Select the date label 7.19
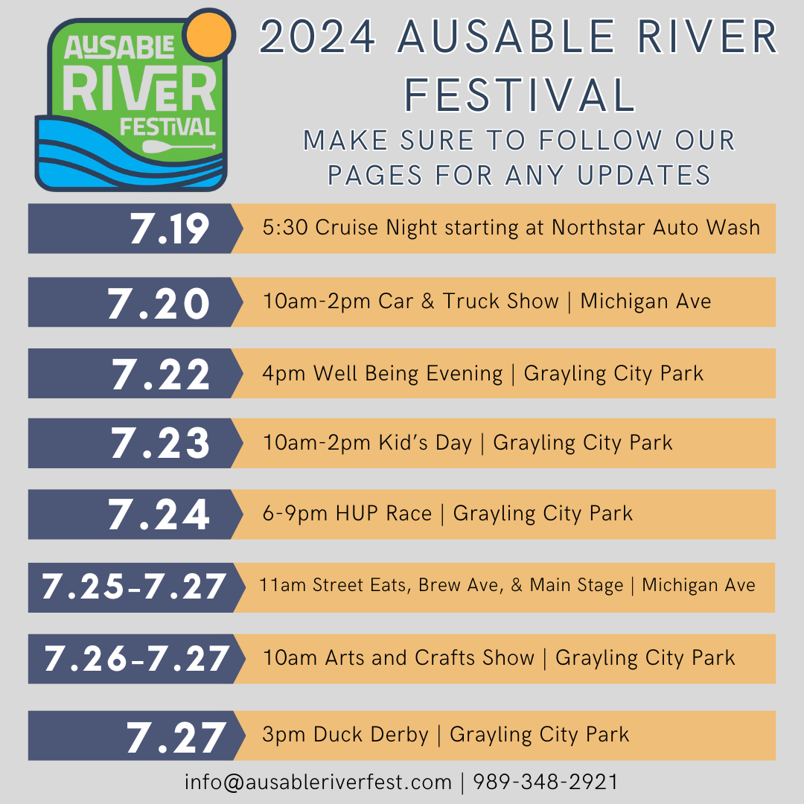click(x=170, y=229)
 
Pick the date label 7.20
click(x=159, y=302)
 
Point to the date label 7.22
click(x=162, y=374)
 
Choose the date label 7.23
click(x=161, y=444)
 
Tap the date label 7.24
click(x=159, y=514)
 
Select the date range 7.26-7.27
click(x=136, y=659)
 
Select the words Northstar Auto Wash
click(x=656, y=228)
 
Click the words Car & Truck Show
click(x=468, y=301)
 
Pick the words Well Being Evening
click(x=408, y=373)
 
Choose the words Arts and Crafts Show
click(x=430, y=658)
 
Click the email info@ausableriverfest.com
click(x=318, y=782)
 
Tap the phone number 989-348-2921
click(x=546, y=782)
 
